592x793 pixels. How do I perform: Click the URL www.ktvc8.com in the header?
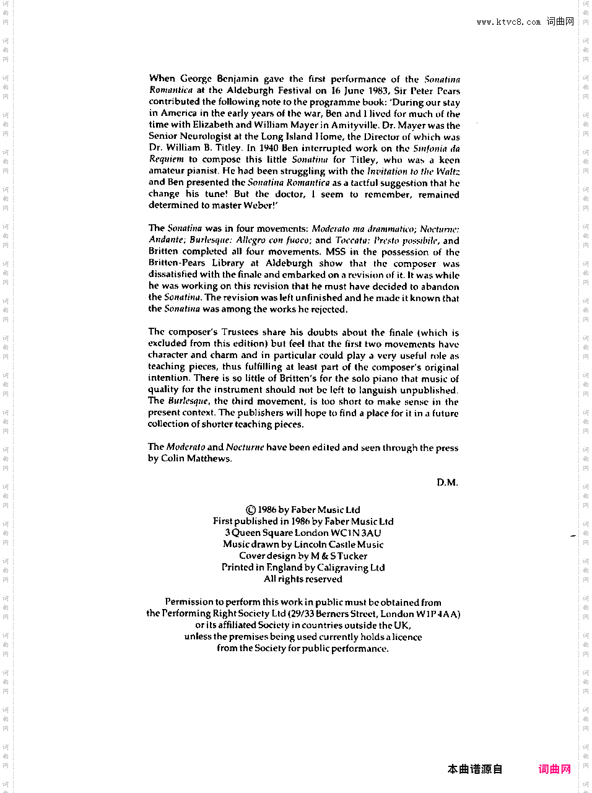[508, 22]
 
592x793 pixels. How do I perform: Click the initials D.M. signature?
[447, 483]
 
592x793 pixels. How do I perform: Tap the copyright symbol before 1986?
[251, 510]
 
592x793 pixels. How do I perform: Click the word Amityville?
[355, 125]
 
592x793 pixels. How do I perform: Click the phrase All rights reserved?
[303, 579]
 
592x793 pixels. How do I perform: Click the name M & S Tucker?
[339, 556]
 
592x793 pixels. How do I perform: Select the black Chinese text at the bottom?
[475, 769]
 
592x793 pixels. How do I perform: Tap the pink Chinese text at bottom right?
[554, 769]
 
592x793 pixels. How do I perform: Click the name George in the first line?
[196, 79]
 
